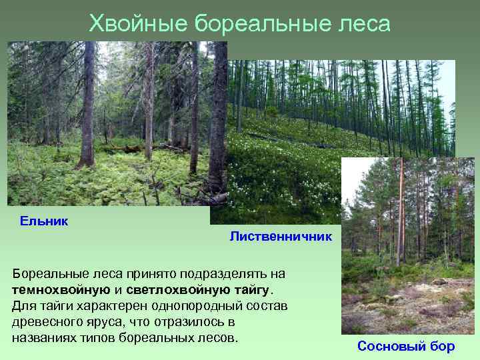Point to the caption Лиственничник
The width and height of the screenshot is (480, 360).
pos(280,237)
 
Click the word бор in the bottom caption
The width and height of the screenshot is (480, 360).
pos(441,346)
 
